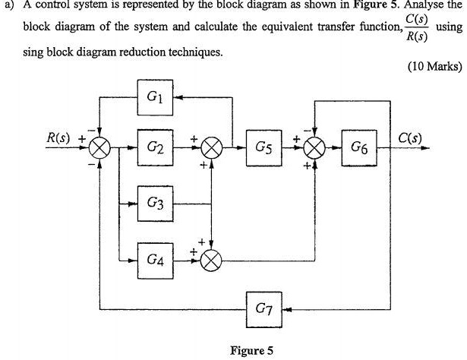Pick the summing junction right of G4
click(x=212, y=261)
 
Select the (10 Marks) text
click(x=434, y=65)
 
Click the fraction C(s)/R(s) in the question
click(x=415, y=27)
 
